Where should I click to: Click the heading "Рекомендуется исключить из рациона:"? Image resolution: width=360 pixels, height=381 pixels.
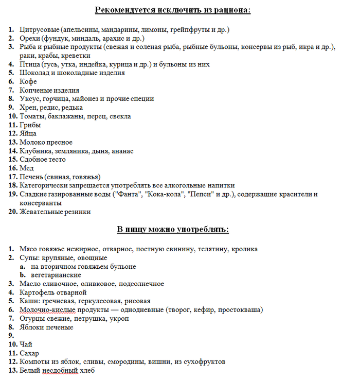tap(173, 10)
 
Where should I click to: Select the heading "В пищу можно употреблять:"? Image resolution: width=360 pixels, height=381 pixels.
tap(173, 229)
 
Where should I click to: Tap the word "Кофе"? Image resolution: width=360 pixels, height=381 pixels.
tap(28, 82)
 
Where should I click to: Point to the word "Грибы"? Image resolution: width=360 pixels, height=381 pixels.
tap(30, 125)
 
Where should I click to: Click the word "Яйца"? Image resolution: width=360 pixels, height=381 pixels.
tap(28, 134)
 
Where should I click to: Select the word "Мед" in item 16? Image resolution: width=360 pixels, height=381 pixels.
tap(27, 168)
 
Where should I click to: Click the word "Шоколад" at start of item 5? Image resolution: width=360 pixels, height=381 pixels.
tap(34, 73)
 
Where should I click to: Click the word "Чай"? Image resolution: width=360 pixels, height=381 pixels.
tap(26, 344)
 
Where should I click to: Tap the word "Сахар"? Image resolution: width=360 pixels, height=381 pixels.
tap(29, 353)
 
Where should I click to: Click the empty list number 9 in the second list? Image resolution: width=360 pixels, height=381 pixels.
tap(11, 336)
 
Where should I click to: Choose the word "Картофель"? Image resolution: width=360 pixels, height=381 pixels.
tap(37, 292)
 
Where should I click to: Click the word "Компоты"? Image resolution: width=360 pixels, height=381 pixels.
tap(35, 361)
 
